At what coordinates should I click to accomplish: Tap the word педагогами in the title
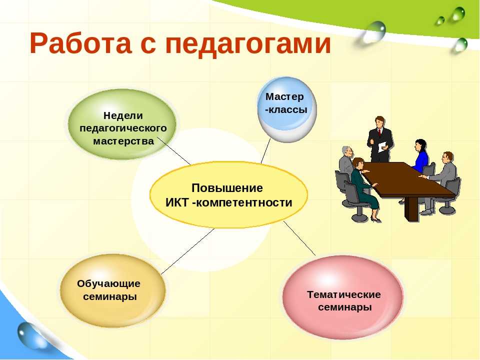click(248, 44)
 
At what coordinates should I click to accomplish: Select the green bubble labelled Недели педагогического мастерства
click(122, 124)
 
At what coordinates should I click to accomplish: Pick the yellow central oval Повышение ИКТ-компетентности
click(228, 194)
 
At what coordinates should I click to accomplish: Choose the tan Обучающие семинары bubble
click(112, 290)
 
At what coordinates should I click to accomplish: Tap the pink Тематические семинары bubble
click(343, 297)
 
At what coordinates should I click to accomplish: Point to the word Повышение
click(227, 187)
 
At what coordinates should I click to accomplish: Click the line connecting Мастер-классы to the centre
click(265, 150)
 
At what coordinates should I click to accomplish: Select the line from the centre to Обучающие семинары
click(187, 251)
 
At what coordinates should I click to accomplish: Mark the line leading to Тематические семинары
click(299, 238)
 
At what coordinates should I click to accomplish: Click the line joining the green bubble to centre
click(174, 150)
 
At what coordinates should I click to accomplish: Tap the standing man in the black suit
click(380, 139)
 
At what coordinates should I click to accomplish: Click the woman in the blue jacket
click(420, 155)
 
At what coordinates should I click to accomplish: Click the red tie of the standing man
click(380, 132)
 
